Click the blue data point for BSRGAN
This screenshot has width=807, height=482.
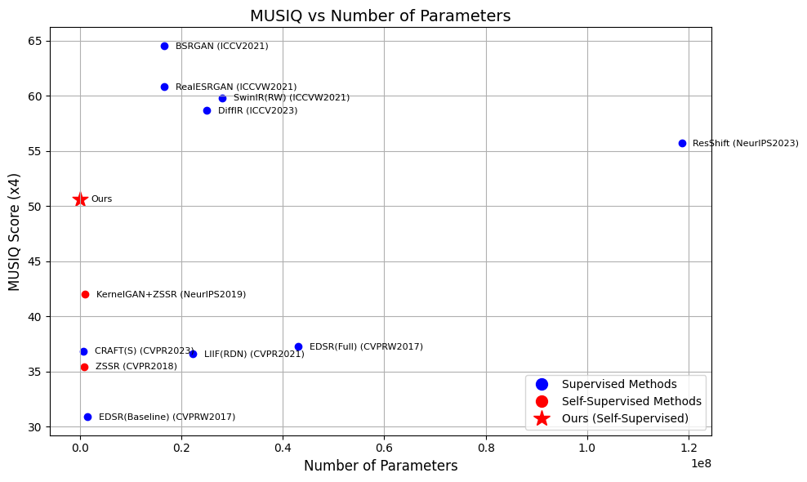point(165,47)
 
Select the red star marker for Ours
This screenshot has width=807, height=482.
point(80,199)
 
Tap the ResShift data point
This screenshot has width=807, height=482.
point(683,143)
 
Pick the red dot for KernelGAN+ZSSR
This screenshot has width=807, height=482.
point(86,295)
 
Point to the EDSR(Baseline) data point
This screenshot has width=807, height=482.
point(87,417)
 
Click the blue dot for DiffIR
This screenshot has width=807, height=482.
point(207,111)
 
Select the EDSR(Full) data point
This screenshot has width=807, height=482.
point(298,347)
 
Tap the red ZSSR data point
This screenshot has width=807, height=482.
point(84,367)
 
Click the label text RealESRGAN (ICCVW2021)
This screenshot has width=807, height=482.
point(236,87)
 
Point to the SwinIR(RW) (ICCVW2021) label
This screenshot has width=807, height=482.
point(292,98)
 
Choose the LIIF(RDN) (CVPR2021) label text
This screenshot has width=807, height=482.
point(254,355)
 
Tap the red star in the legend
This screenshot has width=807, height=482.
point(542,418)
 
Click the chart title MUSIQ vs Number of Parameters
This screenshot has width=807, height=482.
point(381,16)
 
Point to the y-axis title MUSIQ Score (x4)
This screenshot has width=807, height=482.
point(15,232)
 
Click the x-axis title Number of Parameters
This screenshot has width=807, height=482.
point(381,466)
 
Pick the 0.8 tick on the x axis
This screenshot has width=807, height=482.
point(486,448)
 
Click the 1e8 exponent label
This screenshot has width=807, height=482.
point(701,463)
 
